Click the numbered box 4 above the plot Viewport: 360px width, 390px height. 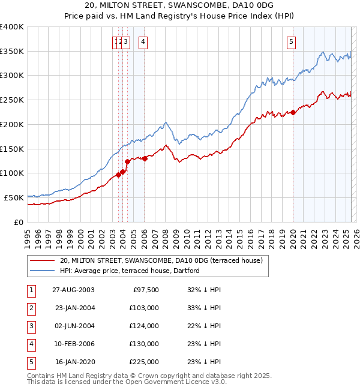click(x=144, y=41)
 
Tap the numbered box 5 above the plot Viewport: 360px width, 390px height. click(x=291, y=41)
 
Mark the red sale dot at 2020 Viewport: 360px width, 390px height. click(x=293, y=112)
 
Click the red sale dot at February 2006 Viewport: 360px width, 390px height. click(x=145, y=158)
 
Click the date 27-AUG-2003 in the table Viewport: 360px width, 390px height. click(x=73, y=289)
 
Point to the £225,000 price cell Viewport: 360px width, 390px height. click(x=144, y=362)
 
